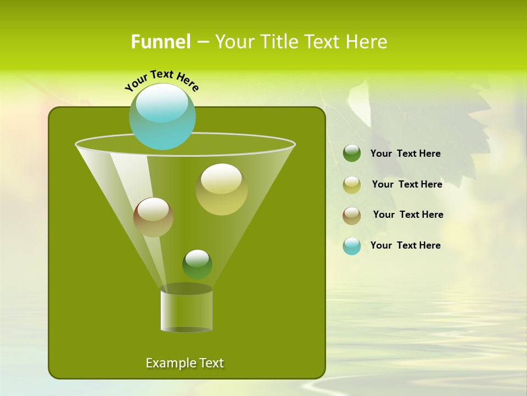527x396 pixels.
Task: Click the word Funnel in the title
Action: [x=160, y=42]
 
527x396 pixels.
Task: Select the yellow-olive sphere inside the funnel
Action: [x=221, y=190]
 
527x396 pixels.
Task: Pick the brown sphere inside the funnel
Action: [x=153, y=217]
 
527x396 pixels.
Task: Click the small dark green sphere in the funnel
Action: [x=197, y=265]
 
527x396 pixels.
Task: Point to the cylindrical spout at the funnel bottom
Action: [x=186, y=311]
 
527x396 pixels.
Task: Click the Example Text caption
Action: [x=184, y=363]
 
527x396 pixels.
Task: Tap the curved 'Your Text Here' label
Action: [x=161, y=81]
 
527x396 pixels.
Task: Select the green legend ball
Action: [x=352, y=153]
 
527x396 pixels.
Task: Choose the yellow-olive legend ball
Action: [x=352, y=185]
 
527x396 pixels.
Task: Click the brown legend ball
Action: [x=352, y=215]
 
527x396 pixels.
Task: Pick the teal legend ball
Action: [x=352, y=246]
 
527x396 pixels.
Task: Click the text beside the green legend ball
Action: [x=405, y=154]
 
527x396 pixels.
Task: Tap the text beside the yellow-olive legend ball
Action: [x=407, y=185]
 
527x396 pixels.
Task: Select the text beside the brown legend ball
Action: [x=408, y=215]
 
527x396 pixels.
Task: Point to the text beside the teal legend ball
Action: [x=405, y=246]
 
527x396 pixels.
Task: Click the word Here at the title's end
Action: [x=366, y=42]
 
